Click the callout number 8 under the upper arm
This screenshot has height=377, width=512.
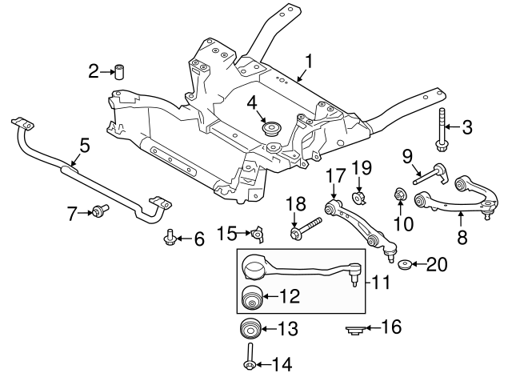tap(461, 237)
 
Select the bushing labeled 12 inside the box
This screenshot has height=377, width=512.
tap(254, 296)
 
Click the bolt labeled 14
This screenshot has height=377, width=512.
tap(250, 359)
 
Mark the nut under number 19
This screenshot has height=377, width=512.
tap(360, 198)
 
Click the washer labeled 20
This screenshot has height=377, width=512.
tap(406, 265)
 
